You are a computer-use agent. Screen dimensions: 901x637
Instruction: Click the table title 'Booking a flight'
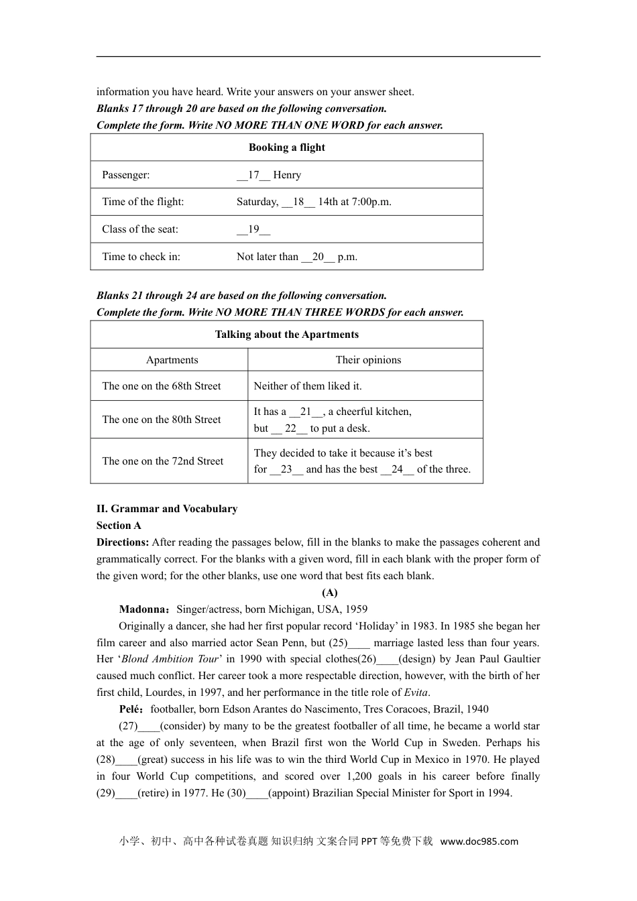pyautogui.click(x=286, y=147)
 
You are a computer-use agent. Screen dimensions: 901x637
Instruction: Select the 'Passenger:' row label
pyautogui.click(x=126, y=175)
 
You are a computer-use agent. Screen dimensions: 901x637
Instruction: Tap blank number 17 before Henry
pyautogui.click(x=253, y=175)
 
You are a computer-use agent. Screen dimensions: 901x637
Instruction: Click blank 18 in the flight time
pyautogui.click(x=298, y=202)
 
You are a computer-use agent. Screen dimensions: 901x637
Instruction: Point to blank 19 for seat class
pyautogui.click(x=253, y=229)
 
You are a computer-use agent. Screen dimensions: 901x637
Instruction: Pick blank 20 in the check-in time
pyautogui.click(x=318, y=257)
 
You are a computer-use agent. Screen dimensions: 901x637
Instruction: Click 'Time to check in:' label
pyautogui.click(x=141, y=257)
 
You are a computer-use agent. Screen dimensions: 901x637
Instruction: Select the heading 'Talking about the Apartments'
pyautogui.click(x=286, y=335)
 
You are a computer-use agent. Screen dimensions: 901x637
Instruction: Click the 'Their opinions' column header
pyautogui.click(x=368, y=360)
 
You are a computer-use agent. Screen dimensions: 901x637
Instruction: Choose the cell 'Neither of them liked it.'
pyautogui.click(x=307, y=386)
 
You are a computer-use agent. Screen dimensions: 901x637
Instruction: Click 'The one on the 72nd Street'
pyautogui.click(x=162, y=461)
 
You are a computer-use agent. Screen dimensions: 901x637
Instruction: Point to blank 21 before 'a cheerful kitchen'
pyautogui.click(x=306, y=412)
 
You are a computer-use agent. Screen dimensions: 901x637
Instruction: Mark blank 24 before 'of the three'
pyautogui.click(x=397, y=469)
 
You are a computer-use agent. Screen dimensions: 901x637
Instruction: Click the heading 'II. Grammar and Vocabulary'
pyautogui.click(x=167, y=509)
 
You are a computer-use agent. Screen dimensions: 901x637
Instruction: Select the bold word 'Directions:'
pyautogui.click(x=123, y=542)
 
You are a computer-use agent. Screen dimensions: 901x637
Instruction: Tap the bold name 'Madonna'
pyautogui.click(x=143, y=609)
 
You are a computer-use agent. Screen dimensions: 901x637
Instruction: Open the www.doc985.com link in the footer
pyautogui.click(x=479, y=841)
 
